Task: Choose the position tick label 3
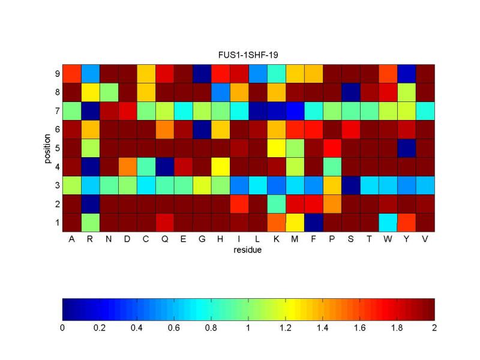click(x=56, y=185)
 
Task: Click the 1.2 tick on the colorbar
click(x=286, y=328)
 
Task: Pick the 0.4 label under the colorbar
click(x=137, y=328)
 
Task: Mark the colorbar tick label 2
click(x=434, y=328)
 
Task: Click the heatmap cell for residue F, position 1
click(x=314, y=223)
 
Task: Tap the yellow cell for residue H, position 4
click(x=220, y=167)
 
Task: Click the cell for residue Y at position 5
click(x=406, y=148)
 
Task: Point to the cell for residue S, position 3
click(x=350, y=185)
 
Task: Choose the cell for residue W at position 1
click(x=388, y=223)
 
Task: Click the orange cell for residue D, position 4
click(x=127, y=167)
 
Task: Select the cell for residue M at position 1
click(x=295, y=223)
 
